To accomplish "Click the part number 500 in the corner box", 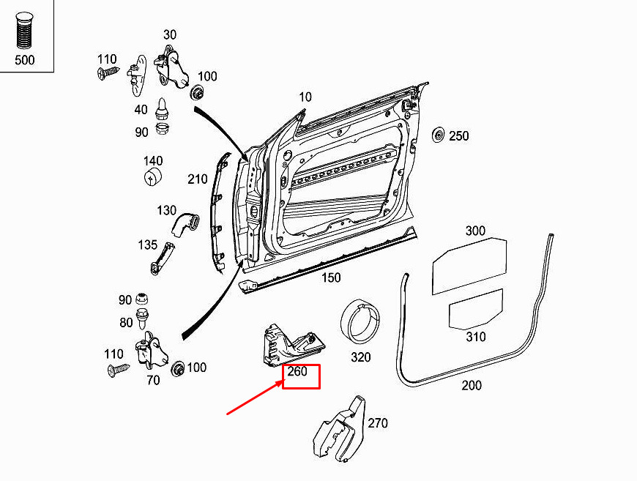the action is (x=24, y=60).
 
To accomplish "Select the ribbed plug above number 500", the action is (x=24, y=31).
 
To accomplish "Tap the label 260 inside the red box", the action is (x=297, y=371).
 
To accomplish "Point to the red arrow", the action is (x=255, y=398).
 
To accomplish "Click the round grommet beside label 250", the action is (x=439, y=135).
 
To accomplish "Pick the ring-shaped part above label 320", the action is (x=360, y=321).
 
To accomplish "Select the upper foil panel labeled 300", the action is (x=469, y=266).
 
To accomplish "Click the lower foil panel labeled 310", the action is (x=476, y=309).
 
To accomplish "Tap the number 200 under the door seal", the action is (x=472, y=384).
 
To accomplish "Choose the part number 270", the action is (x=378, y=423).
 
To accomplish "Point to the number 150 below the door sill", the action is (x=331, y=277).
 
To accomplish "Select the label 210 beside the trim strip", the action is (x=198, y=179).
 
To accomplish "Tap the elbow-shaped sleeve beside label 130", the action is (x=186, y=225).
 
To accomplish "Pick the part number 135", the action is (x=147, y=245).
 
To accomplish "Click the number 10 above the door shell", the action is (x=305, y=97).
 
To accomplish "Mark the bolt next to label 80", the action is (x=142, y=318).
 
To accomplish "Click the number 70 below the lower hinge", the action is (x=153, y=380).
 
